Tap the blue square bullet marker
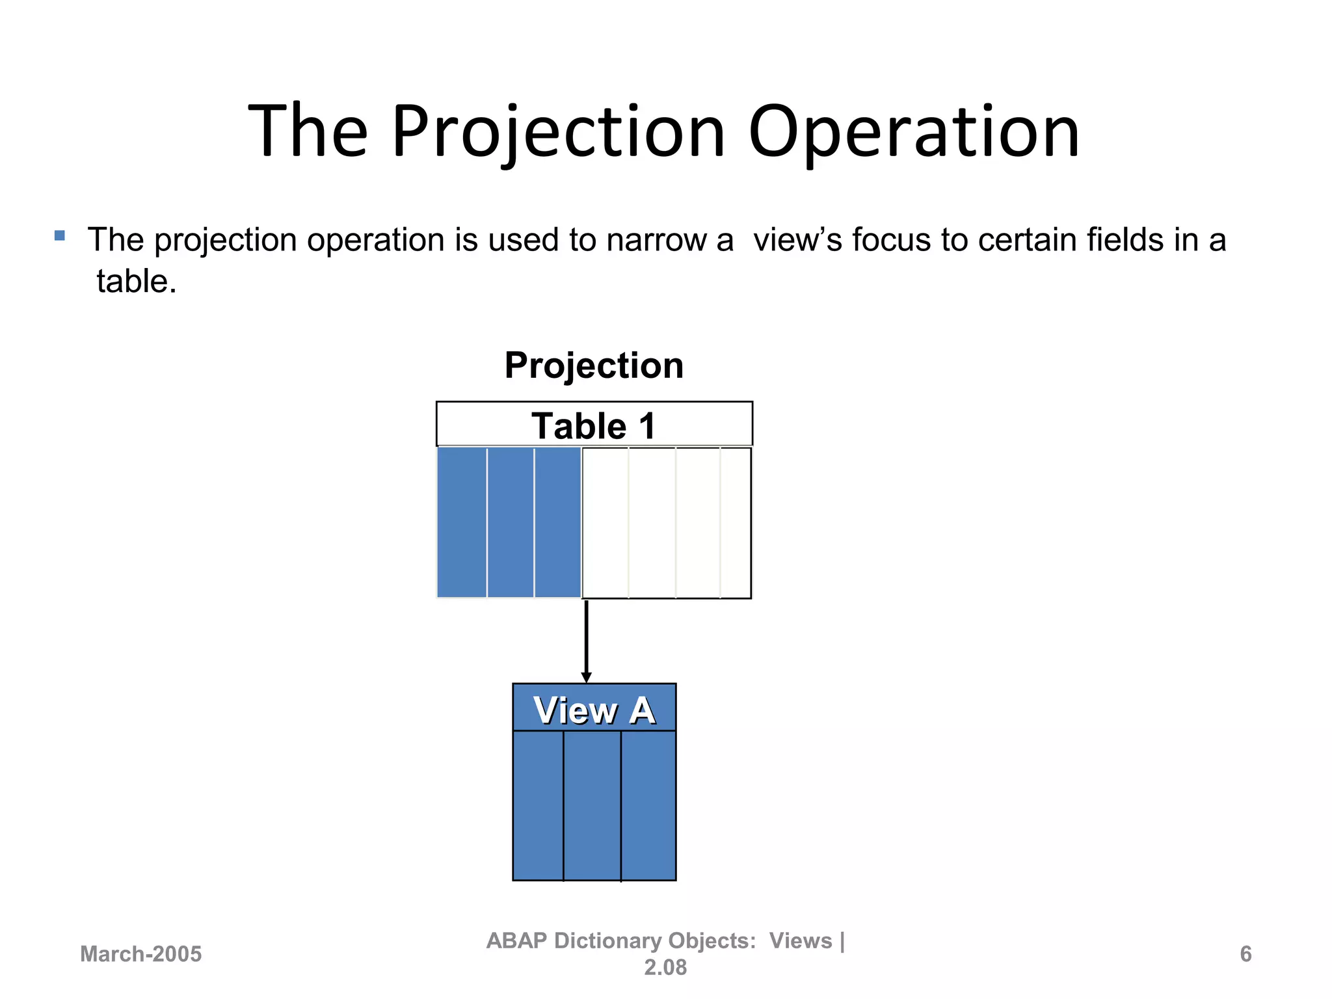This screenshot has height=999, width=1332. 60,235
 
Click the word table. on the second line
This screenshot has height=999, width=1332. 137,282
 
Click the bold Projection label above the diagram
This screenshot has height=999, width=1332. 593,366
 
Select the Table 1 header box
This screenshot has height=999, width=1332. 593,425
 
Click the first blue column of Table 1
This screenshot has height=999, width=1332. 462,522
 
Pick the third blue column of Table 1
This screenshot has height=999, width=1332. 557,522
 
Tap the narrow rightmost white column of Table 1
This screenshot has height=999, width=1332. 735,522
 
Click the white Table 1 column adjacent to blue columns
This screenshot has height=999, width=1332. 605,522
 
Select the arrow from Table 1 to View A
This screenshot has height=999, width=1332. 586,641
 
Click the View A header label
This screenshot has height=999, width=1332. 593,710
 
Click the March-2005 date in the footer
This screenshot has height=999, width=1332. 140,954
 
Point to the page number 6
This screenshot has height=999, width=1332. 1245,954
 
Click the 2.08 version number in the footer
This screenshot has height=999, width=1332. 665,968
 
